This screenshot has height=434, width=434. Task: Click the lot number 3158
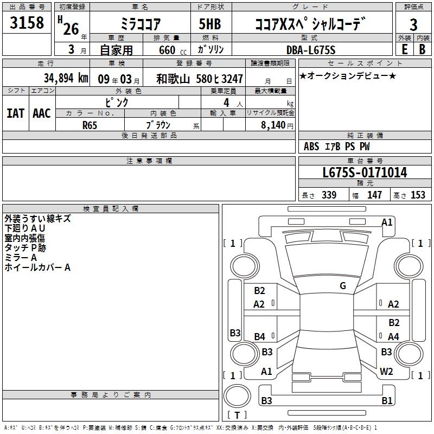click(x=27, y=23)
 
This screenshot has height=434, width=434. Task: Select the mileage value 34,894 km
click(x=66, y=78)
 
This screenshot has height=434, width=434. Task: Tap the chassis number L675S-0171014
click(x=365, y=173)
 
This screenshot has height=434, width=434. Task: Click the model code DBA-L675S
click(x=311, y=50)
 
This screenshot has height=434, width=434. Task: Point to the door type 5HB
click(x=210, y=24)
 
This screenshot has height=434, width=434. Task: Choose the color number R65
click(x=90, y=125)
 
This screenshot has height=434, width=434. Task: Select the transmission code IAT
click(x=16, y=113)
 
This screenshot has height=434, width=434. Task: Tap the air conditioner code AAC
click(x=42, y=113)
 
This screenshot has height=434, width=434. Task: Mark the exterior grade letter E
click(x=404, y=49)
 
